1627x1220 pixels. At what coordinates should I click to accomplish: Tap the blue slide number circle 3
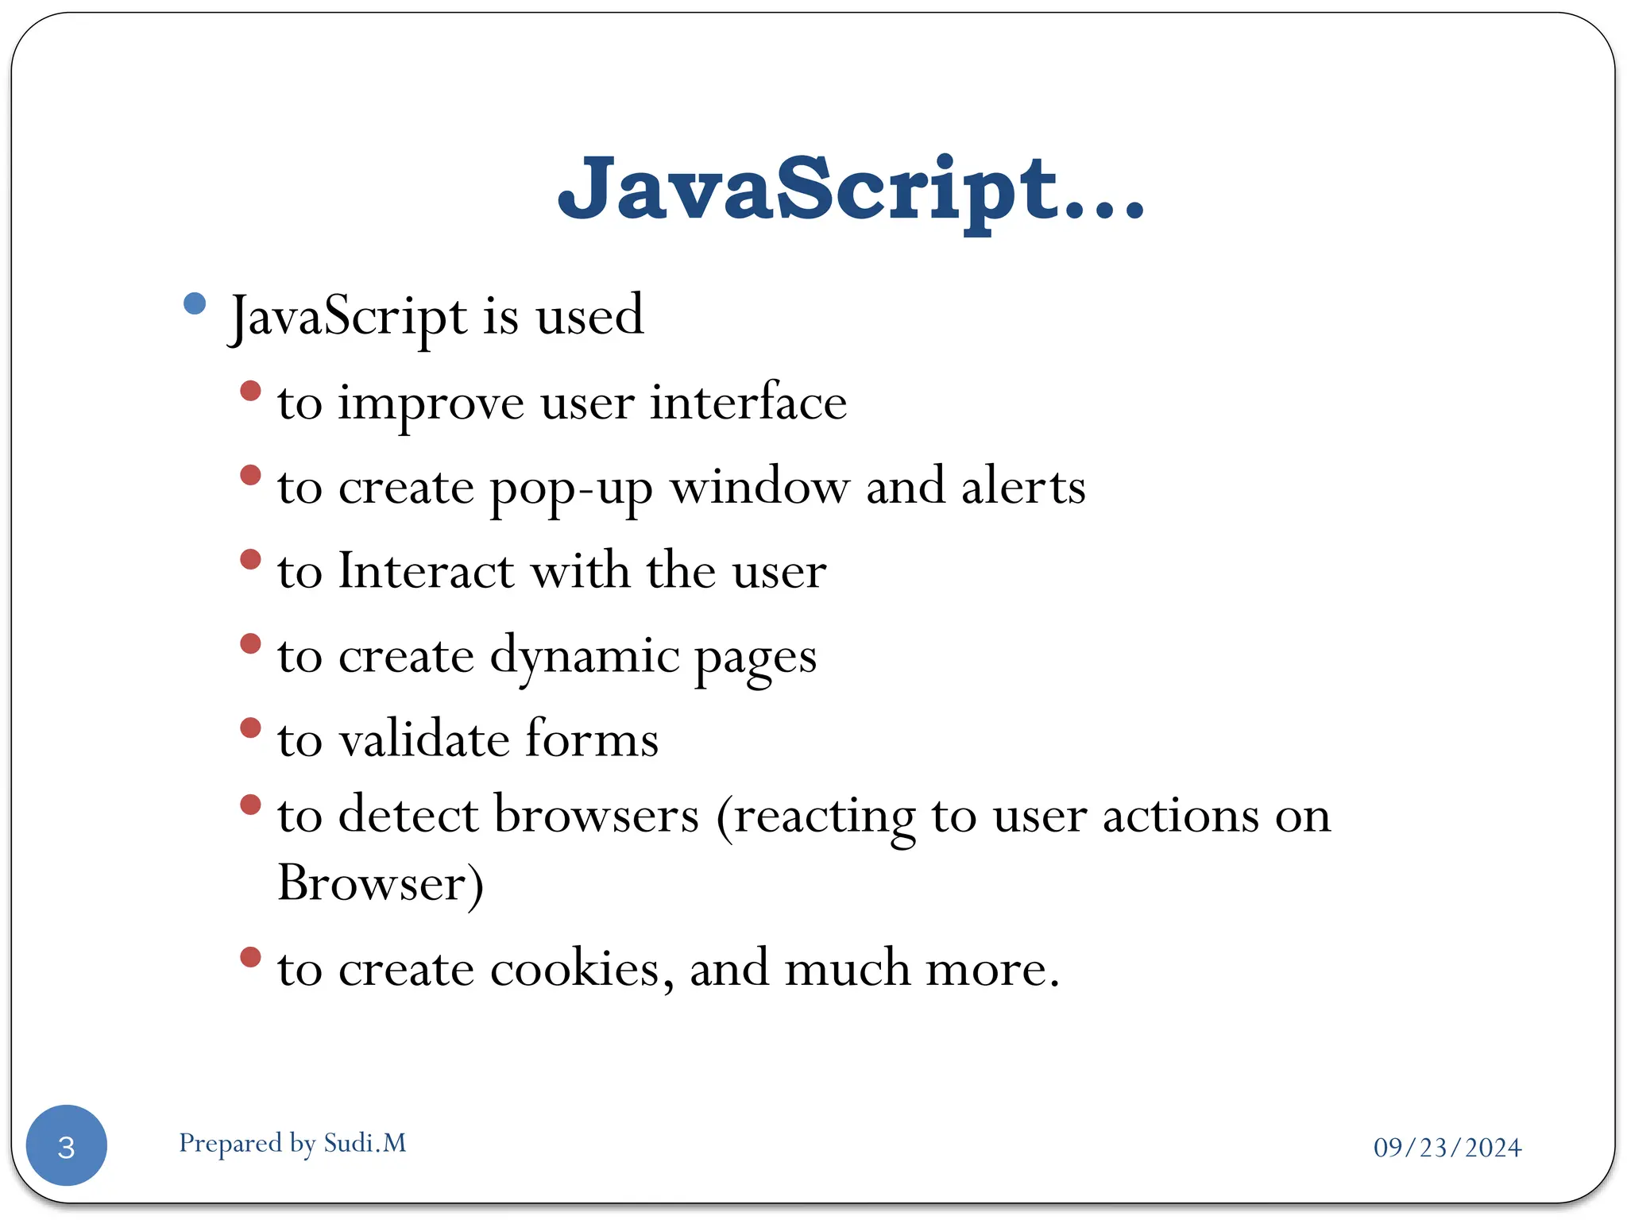tap(67, 1145)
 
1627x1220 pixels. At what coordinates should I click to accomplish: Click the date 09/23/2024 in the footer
tap(1447, 1147)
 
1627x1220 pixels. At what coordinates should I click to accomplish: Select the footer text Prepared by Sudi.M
tap(292, 1143)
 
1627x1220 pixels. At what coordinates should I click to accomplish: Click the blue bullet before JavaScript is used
tap(195, 303)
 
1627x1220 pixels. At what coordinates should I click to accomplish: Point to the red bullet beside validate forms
tap(250, 728)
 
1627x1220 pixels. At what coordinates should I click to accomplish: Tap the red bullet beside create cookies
tap(250, 957)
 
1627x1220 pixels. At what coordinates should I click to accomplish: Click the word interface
tap(748, 402)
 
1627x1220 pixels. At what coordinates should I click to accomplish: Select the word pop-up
tap(571, 488)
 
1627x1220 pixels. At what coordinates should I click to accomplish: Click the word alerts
tap(1023, 486)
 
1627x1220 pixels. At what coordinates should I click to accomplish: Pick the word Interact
tap(426, 570)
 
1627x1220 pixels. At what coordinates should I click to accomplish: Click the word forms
tap(592, 739)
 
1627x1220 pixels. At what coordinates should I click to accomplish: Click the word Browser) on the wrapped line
tap(381, 884)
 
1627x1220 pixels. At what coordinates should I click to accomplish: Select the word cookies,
tap(582, 970)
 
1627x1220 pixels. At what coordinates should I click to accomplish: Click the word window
tap(759, 486)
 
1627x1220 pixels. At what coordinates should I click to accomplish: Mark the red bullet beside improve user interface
tap(250, 391)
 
